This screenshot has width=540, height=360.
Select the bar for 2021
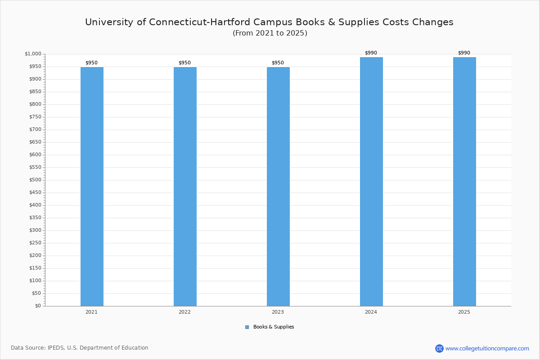pyautogui.click(x=92, y=186)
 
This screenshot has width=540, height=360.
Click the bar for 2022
pyautogui.click(x=185, y=186)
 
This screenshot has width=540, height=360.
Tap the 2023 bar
pyautogui.click(x=278, y=186)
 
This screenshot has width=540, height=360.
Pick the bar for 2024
pyautogui.click(x=371, y=181)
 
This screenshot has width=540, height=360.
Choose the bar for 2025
pyautogui.click(x=464, y=181)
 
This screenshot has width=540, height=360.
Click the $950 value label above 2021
pyautogui.click(x=91, y=63)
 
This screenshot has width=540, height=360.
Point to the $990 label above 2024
pyautogui.click(x=371, y=53)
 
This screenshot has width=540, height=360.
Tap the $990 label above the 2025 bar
pyautogui.click(x=464, y=53)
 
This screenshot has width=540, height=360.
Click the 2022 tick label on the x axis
pyautogui.click(x=184, y=312)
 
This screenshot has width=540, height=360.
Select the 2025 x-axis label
pyautogui.click(x=464, y=312)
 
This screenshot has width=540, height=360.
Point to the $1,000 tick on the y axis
pyautogui.click(x=33, y=54)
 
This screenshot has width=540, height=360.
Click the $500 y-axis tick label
pyautogui.click(x=35, y=180)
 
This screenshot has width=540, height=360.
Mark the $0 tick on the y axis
pyautogui.click(x=38, y=306)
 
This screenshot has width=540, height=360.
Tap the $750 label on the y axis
pyautogui.click(x=35, y=117)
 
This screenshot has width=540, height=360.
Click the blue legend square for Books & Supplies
pyautogui.click(x=247, y=327)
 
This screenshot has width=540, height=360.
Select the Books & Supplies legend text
pyautogui.click(x=274, y=327)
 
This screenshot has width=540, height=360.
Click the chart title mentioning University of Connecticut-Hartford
pyautogui.click(x=269, y=22)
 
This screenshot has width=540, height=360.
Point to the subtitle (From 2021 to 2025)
pyautogui.click(x=270, y=33)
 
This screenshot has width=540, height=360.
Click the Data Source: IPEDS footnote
pyautogui.click(x=80, y=348)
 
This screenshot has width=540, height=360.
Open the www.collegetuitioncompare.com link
pyautogui.click(x=487, y=348)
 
